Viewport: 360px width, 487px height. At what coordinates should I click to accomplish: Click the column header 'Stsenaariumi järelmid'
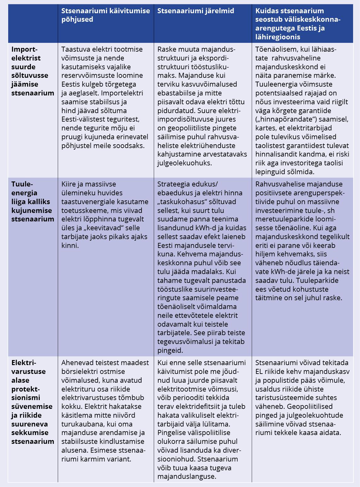pos(195,11)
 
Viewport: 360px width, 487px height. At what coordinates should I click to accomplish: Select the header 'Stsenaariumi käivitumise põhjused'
pos(105,15)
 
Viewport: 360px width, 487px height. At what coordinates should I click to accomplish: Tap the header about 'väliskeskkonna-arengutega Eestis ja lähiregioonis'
pos(298,24)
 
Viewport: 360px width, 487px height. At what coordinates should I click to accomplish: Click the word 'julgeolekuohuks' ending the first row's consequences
pos(184,163)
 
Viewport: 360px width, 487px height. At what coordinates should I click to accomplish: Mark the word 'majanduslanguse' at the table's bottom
pos(186,476)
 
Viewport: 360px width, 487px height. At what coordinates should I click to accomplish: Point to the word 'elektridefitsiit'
pos(205,406)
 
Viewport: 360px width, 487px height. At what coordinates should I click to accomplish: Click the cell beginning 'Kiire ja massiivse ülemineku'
pos(105,215)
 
